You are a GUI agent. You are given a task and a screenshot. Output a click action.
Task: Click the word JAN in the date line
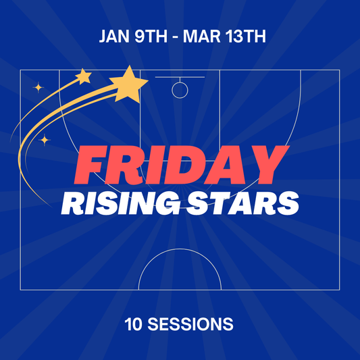[x=113, y=36]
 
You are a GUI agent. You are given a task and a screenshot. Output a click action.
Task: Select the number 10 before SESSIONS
[x=133, y=324]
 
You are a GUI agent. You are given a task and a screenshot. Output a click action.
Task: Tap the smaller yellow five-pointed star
[x=83, y=76]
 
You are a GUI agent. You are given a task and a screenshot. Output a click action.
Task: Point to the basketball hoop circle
[x=180, y=90]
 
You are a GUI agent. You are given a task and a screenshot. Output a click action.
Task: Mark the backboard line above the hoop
[x=180, y=78]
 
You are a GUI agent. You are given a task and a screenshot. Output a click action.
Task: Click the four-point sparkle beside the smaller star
[x=38, y=86]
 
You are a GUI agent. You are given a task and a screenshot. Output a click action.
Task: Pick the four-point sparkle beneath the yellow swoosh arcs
[x=45, y=140]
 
